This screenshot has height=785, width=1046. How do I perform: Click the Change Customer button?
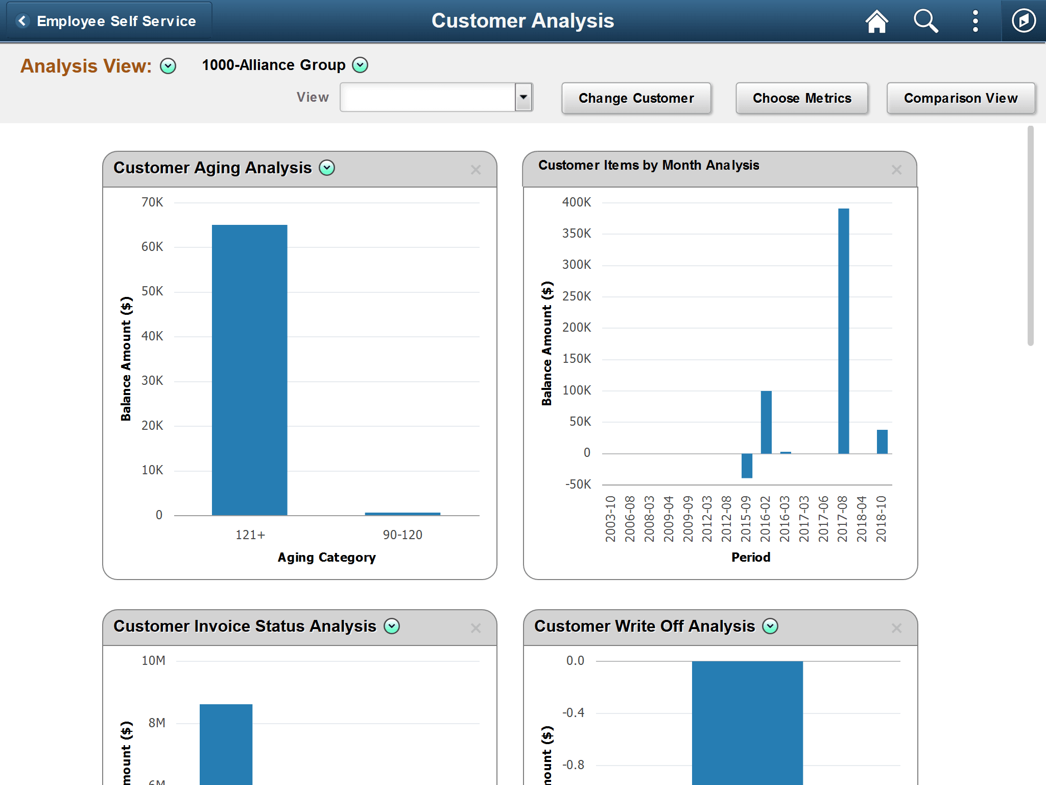coord(636,98)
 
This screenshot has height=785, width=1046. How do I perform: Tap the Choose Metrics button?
coord(801,98)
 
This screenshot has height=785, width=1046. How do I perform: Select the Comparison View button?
coord(960,98)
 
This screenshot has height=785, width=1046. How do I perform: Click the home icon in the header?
coord(876,21)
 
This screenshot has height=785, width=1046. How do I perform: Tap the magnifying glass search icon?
coord(925,21)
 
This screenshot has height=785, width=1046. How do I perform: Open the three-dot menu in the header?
coord(975,21)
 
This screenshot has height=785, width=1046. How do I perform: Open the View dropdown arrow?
coord(524,97)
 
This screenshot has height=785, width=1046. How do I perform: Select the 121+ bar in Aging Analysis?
coord(249,370)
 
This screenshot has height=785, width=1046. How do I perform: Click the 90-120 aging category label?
coord(402,535)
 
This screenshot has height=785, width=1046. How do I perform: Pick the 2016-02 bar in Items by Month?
coord(766,422)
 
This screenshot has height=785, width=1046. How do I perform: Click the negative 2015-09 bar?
coord(747,466)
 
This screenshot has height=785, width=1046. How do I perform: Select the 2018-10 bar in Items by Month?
coord(882,442)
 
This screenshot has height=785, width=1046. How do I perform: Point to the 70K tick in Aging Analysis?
coord(152,202)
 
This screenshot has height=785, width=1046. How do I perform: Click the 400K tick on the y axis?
coord(577,202)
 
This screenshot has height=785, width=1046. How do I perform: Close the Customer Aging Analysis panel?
coord(476,170)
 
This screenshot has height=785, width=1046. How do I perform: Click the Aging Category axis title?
coord(326,558)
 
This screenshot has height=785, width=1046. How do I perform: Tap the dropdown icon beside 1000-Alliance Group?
coord(360,65)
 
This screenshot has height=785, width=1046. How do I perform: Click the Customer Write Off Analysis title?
coord(644,627)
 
